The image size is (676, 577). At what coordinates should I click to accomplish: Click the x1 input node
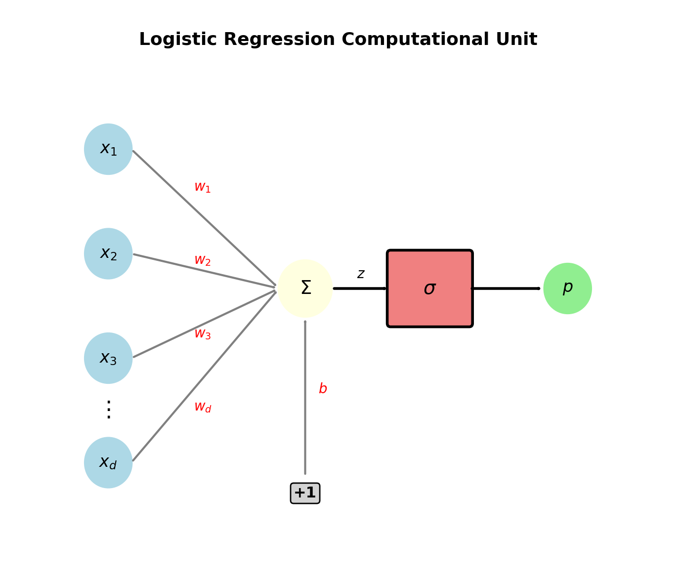pyautogui.click(x=108, y=149)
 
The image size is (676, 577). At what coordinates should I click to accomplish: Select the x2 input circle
pyautogui.click(x=108, y=253)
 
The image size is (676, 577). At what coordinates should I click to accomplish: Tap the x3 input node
pyautogui.click(x=108, y=358)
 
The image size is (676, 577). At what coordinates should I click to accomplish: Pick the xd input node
pyautogui.click(x=108, y=462)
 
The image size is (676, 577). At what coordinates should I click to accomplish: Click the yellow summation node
pyautogui.click(x=305, y=288)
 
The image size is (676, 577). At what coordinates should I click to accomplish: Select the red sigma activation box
pyautogui.click(x=429, y=288)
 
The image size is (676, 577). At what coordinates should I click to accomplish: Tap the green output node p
pyautogui.click(x=567, y=288)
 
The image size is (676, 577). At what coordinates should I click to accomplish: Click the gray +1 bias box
pyautogui.click(x=305, y=493)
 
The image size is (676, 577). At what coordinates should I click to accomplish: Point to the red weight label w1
pyautogui.click(x=202, y=187)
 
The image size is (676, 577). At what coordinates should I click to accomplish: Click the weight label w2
pyautogui.click(x=202, y=260)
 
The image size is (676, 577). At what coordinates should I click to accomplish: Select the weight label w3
pyautogui.click(x=202, y=334)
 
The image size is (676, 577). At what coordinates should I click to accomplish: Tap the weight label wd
pyautogui.click(x=202, y=407)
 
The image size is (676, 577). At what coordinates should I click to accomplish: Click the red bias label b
pyautogui.click(x=323, y=389)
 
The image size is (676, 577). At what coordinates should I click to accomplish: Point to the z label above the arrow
pyautogui.click(x=361, y=274)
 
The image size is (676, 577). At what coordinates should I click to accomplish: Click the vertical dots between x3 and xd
pyautogui.click(x=109, y=410)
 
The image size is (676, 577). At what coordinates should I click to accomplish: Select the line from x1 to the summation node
pyautogui.click(x=204, y=218)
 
